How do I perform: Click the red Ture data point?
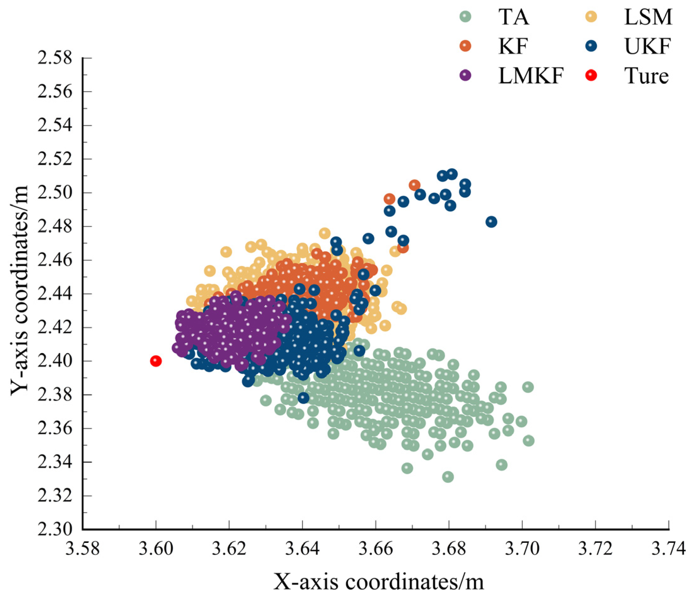(156, 361)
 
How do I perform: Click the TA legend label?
(514, 17)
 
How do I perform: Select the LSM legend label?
(648, 17)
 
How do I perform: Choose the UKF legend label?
(647, 47)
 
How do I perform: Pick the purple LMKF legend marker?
(465, 75)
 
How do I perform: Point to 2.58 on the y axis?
(55, 58)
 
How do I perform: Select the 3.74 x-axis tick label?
(668, 550)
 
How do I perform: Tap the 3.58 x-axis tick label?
(82, 550)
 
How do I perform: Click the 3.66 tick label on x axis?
(375, 550)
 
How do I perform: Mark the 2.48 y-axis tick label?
(55, 226)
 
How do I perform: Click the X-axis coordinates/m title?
(379, 582)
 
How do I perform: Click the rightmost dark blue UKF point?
(491, 222)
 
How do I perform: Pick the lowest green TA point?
(448, 477)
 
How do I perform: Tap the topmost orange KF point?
(415, 185)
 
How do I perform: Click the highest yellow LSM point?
(324, 233)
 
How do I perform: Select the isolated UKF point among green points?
(303, 398)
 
